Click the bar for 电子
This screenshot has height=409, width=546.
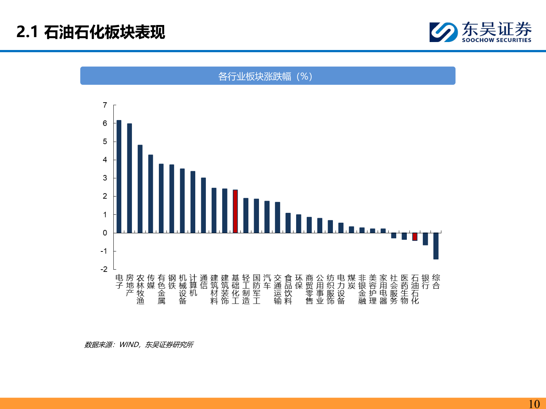[x=119, y=176]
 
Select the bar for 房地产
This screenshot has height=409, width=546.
[x=130, y=178]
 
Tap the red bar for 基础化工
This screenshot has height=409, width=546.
[x=235, y=211]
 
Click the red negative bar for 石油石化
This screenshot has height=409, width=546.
[x=415, y=237]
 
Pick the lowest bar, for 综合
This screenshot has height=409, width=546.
[x=436, y=246]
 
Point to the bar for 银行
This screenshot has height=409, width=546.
[x=425, y=239]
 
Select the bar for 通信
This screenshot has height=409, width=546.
[x=204, y=205]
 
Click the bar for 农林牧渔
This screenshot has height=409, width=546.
[x=140, y=189]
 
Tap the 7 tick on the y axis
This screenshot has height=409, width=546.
[x=105, y=105]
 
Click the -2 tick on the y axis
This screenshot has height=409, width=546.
[x=104, y=269]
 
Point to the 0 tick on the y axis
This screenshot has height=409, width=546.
[x=105, y=233]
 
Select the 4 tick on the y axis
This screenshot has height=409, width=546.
[x=105, y=160]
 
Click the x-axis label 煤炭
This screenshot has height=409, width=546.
[x=351, y=282]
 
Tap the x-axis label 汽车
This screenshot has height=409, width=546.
[x=267, y=282]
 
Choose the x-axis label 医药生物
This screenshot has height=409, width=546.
[x=405, y=289]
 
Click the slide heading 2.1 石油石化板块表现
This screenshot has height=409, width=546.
[x=91, y=32]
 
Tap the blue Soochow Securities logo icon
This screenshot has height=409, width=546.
[x=443, y=32]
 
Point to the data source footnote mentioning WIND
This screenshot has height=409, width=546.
[x=139, y=345]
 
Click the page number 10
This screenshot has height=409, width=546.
[x=534, y=404]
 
